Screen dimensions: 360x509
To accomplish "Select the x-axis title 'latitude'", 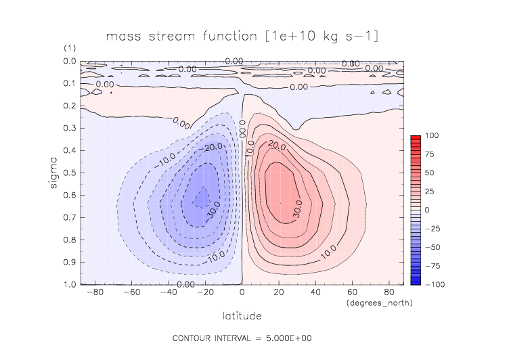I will click(x=242, y=316).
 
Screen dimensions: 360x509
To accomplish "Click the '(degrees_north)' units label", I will click(x=378, y=302).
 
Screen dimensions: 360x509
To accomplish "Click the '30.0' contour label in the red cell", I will click(x=298, y=211).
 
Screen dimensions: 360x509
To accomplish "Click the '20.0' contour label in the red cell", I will click(x=275, y=145).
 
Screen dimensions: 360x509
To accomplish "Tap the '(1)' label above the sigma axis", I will click(x=70, y=49).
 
